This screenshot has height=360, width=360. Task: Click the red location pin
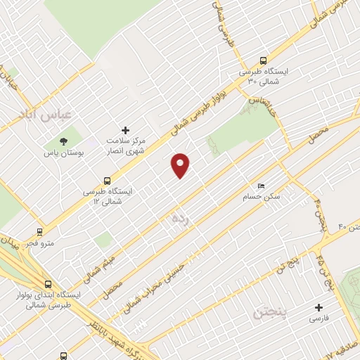pos(181,165)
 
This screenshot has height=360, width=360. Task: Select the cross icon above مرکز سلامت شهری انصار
pos(126,130)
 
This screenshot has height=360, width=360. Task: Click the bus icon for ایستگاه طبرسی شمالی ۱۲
pos(107,179)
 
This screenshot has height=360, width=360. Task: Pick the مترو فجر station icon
pos(39,231)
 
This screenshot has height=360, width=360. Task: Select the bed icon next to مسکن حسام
pos(261,186)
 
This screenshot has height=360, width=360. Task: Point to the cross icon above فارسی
pos(319,307)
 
